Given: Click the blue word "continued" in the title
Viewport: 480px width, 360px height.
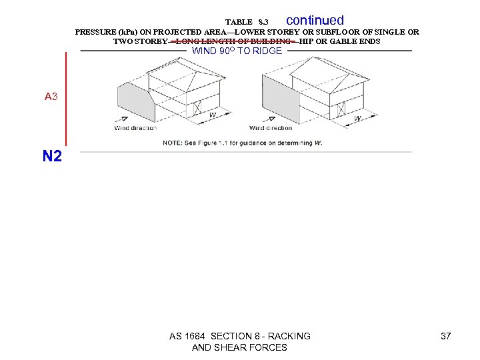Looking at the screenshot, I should pyautogui.click(x=315, y=21).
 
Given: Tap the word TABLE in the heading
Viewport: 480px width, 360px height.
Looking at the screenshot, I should pyautogui.click(x=239, y=23).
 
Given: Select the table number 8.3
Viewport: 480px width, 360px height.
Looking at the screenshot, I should pyautogui.click(x=263, y=23).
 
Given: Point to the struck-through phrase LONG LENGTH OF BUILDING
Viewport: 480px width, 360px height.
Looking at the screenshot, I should pyautogui.click(x=233, y=41).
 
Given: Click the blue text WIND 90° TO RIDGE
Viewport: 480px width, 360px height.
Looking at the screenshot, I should pyautogui.click(x=237, y=51).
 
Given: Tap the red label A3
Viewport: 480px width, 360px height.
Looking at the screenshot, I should pyautogui.click(x=51, y=97).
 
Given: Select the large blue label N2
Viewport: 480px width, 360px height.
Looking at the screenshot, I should pyautogui.click(x=52, y=157).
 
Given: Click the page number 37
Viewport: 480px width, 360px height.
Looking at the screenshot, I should pyautogui.click(x=446, y=336).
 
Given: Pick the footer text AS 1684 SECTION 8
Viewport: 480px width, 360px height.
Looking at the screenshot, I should pyautogui.click(x=239, y=336).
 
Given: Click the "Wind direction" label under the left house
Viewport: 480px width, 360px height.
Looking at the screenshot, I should pyautogui.click(x=135, y=128).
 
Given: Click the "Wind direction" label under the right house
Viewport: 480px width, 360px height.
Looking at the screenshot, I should pyautogui.click(x=271, y=128).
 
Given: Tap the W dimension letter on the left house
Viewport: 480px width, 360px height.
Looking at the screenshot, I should pyautogui.click(x=212, y=115).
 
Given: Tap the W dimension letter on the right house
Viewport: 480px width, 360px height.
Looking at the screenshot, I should pyautogui.click(x=357, y=118).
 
